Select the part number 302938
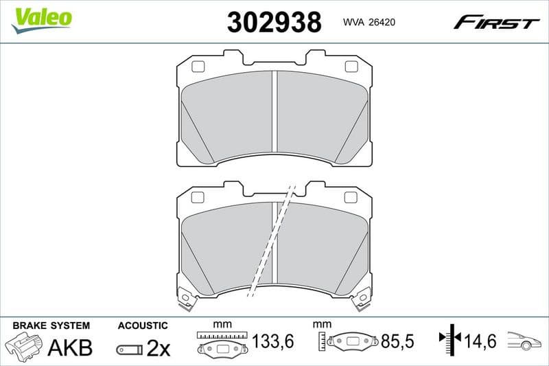click(x=274, y=23)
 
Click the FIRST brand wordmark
click(x=495, y=23)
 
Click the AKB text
click(x=69, y=347)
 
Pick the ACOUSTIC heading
click(x=142, y=325)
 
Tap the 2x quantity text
click(x=159, y=348)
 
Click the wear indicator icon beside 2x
click(x=129, y=350)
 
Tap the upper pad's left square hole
click(x=198, y=67)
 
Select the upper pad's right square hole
click(x=351, y=67)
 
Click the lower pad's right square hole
click(x=351, y=198)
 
